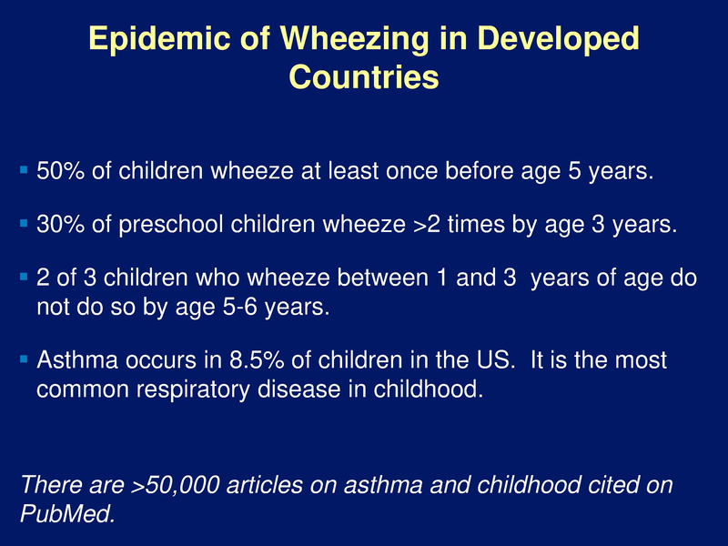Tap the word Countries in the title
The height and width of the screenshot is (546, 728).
pyautogui.click(x=364, y=77)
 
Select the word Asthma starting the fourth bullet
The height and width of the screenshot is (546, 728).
pyautogui.click(x=76, y=359)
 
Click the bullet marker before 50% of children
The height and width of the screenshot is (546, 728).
pyautogui.click(x=25, y=170)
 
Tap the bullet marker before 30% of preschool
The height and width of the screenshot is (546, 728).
pyautogui.click(x=25, y=223)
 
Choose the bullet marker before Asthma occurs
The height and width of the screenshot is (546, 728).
pyautogui.click(x=25, y=359)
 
